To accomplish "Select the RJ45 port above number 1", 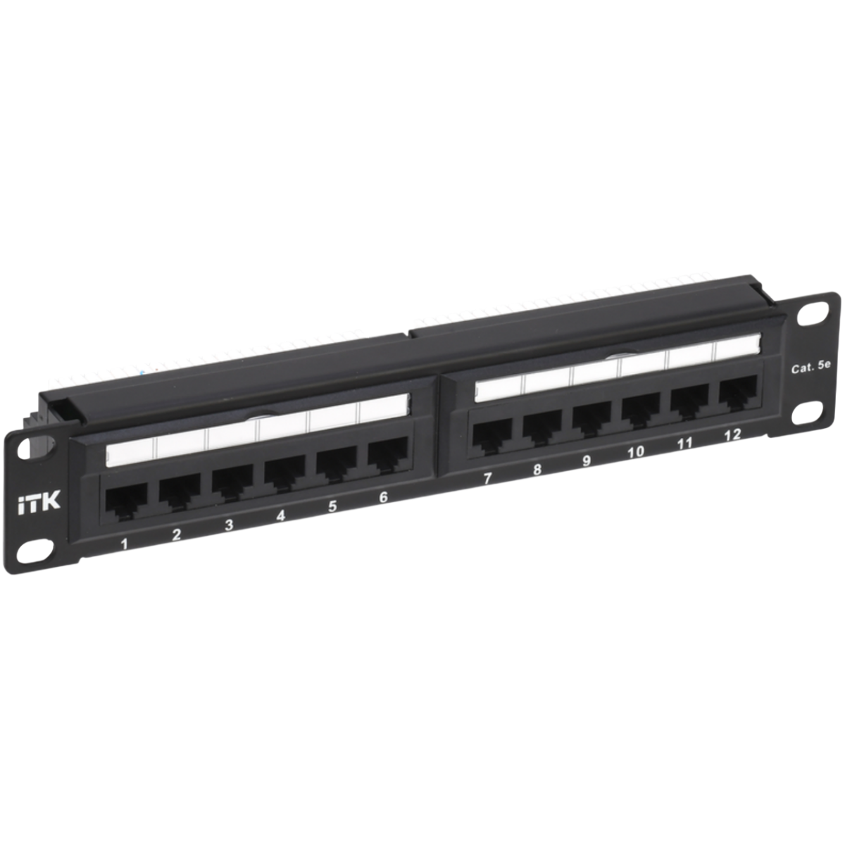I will coord(125,501).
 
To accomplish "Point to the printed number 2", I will coord(176,535).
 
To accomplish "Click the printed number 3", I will coord(229,525).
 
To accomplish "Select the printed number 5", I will coord(332,506).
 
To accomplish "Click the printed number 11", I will coord(684,443).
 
